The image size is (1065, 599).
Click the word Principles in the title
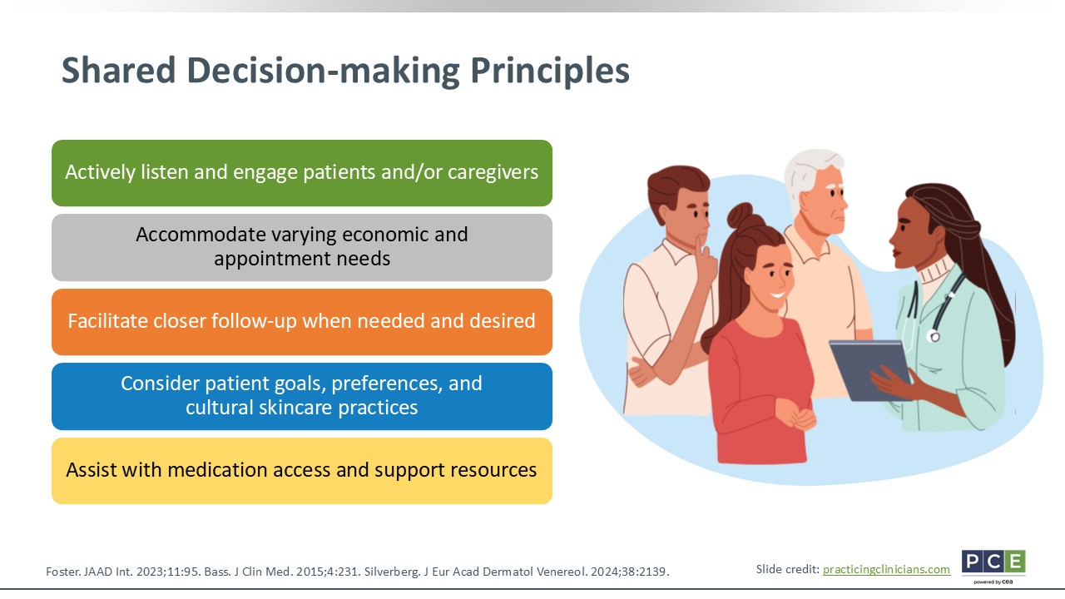click(550, 71)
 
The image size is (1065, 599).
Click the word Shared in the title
click(119, 70)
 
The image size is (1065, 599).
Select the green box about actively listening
click(302, 173)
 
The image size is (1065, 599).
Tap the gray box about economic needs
click(302, 247)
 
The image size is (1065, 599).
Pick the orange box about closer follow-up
click(302, 322)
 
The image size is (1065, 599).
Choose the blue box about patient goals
click(302, 397)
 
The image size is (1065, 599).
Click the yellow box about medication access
click(302, 471)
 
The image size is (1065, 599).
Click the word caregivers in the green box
click(493, 172)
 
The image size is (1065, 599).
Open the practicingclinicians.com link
click(886, 570)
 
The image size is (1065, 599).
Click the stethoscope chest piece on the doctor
click(934, 337)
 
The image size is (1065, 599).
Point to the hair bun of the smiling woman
click(741, 215)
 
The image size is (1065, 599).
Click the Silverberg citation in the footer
click(517, 572)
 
